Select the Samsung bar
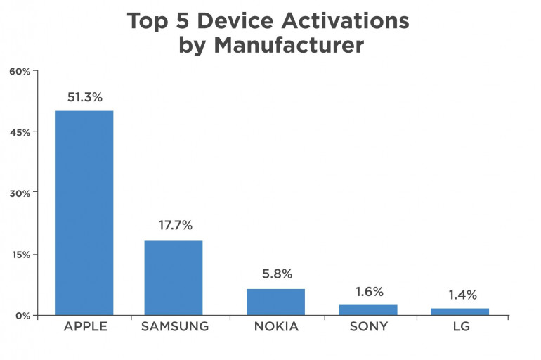pyautogui.click(x=173, y=277)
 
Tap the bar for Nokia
pyautogui.click(x=275, y=301)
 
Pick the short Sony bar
pyautogui.click(x=368, y=309)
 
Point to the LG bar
pyautogui.click(x=459, y=311)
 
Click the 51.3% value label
pyautogui.click(x=84, y=97)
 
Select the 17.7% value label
pyautogui.click(x=174, y=226)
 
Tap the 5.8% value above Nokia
pyautogui.click(x=276, y=274)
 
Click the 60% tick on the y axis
pyautogui.click(x=19, y=71)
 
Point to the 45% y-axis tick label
pyautogui.click(x=19, y=132)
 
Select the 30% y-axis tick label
pyautogui.click(x=19, y=193)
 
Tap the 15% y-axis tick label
pyautogui.click(x=19, y=255)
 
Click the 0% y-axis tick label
pyautogui.click(x=21, y=315)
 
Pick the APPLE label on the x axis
pyautogui.click(x=84, y=327)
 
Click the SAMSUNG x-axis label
pyautogui.click(x=174, y=327)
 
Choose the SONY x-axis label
pyautogui.click(x=368, y=327)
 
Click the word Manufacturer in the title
pyautogui.click(x=288, y=46)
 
